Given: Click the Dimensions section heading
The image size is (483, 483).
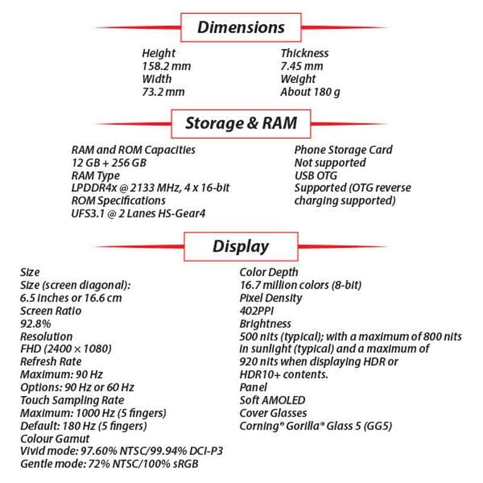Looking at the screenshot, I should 241,27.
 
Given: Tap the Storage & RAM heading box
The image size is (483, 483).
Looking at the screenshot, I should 241,123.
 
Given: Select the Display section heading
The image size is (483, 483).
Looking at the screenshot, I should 241,246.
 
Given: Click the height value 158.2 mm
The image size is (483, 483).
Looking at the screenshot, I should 166,66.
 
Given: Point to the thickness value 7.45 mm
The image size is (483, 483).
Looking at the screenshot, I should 301,66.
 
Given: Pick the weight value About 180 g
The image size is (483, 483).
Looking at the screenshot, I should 311,92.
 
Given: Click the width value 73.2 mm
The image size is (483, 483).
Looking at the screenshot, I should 163,92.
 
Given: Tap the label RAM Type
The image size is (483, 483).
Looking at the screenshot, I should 95,176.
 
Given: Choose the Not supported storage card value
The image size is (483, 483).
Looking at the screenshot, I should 330,162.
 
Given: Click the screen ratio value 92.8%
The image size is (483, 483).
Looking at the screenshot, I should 36,324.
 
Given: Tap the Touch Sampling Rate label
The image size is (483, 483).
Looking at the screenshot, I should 72,400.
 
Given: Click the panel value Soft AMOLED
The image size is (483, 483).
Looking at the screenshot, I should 272,400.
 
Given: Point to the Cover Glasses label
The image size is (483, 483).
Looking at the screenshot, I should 273,413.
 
